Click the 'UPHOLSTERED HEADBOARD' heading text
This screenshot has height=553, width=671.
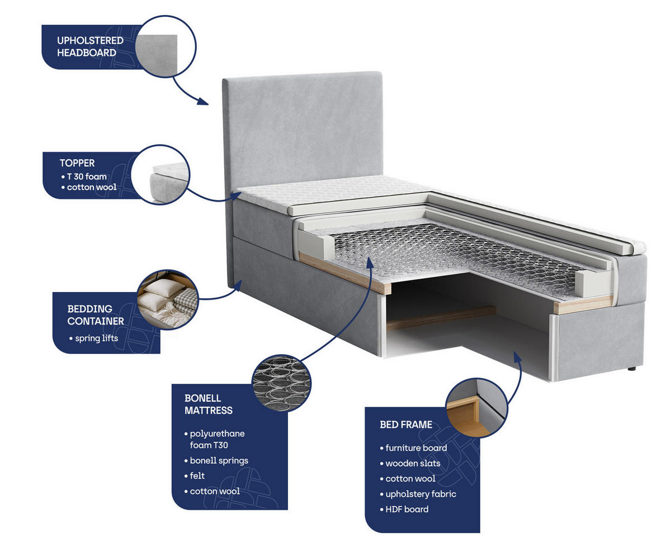90,46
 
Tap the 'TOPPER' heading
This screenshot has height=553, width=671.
77,163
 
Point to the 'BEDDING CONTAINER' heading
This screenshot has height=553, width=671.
96,315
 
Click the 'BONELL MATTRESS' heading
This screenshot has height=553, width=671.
208,404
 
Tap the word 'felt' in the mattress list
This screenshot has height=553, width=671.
197,475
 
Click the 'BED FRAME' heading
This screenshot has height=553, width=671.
406,425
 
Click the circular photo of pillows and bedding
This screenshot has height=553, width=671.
168,299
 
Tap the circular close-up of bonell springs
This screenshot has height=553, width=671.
281,383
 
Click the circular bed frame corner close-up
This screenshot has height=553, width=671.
476,408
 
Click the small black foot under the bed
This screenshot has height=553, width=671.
632,369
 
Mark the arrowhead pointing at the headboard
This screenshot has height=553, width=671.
203,102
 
